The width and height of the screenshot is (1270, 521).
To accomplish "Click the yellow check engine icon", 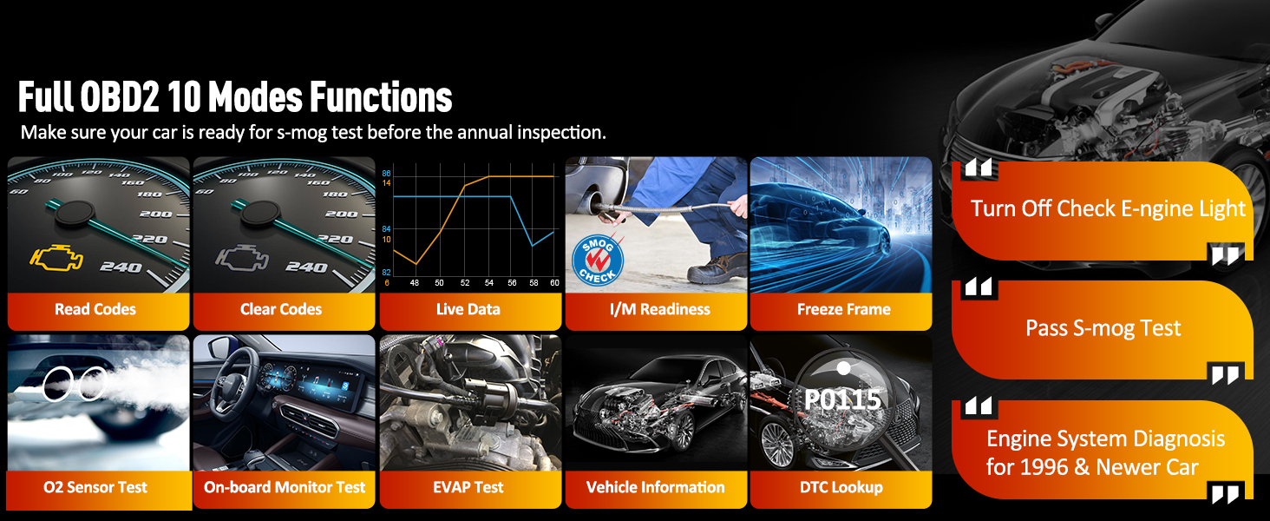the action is click(56, 259).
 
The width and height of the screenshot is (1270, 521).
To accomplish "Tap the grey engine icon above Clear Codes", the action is click(241, 259).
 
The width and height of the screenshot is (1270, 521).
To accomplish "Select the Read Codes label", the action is click(95, 309).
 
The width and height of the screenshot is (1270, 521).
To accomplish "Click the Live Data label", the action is click(468, 309).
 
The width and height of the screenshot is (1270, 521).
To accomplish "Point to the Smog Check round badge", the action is click(598, 260).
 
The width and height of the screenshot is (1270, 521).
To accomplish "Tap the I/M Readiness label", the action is click(660, 309).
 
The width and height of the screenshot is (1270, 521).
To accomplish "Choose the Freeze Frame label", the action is click(844, 309).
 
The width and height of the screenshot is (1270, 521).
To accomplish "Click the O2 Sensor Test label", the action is click(95, 487).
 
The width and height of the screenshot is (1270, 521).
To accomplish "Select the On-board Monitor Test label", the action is click(285, 487).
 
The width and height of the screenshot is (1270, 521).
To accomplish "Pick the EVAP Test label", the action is click(468, 487).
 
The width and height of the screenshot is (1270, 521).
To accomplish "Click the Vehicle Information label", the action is click(656, 487).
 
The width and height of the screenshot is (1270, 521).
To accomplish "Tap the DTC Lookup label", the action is click(841, 487).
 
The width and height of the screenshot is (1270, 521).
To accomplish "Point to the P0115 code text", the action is click(842, 399).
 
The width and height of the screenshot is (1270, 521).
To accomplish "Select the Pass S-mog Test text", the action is click(1103, 328).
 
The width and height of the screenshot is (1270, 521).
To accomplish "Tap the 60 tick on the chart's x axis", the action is click(554, 282).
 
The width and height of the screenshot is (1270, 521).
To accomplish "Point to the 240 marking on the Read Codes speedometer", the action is click(121, 267).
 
